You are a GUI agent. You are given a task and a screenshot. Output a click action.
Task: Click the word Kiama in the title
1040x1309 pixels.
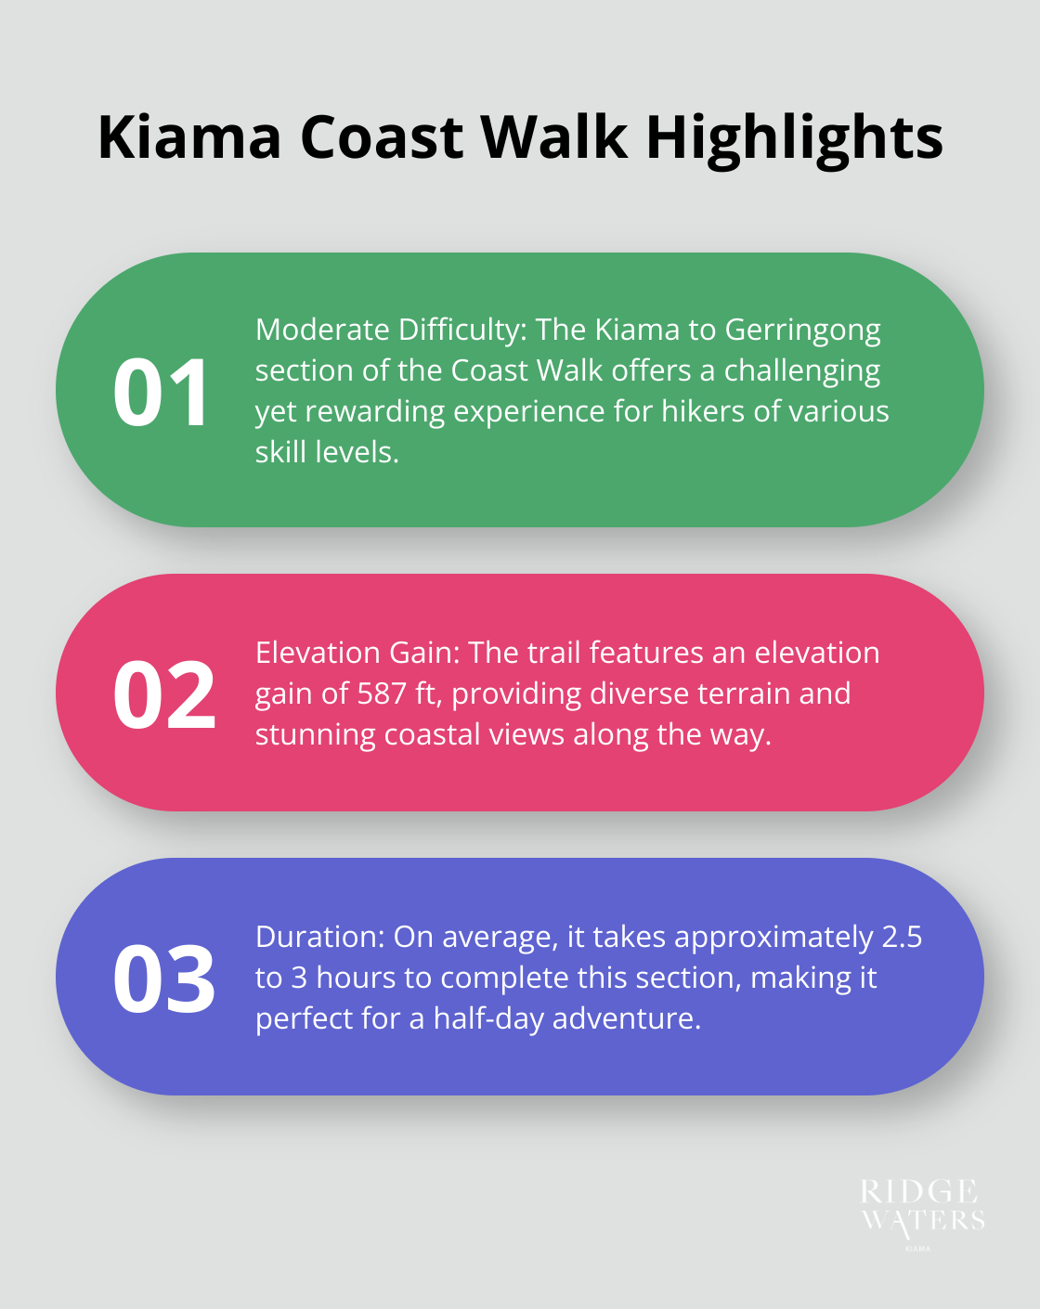click(188, 137)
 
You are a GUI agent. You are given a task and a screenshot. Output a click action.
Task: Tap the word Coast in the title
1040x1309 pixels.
click(381, 137)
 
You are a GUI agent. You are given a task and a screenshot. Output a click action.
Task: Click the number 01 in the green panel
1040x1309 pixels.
click(162, 392)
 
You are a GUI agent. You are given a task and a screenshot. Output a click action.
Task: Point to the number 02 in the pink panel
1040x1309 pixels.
click(164, 694)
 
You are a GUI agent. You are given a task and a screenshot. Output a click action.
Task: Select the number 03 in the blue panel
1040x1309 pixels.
click(164, 979)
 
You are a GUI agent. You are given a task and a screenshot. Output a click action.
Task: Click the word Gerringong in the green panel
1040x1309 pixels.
click(802, 330)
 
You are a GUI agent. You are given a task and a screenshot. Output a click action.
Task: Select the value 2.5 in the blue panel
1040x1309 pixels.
click(902, 937)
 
